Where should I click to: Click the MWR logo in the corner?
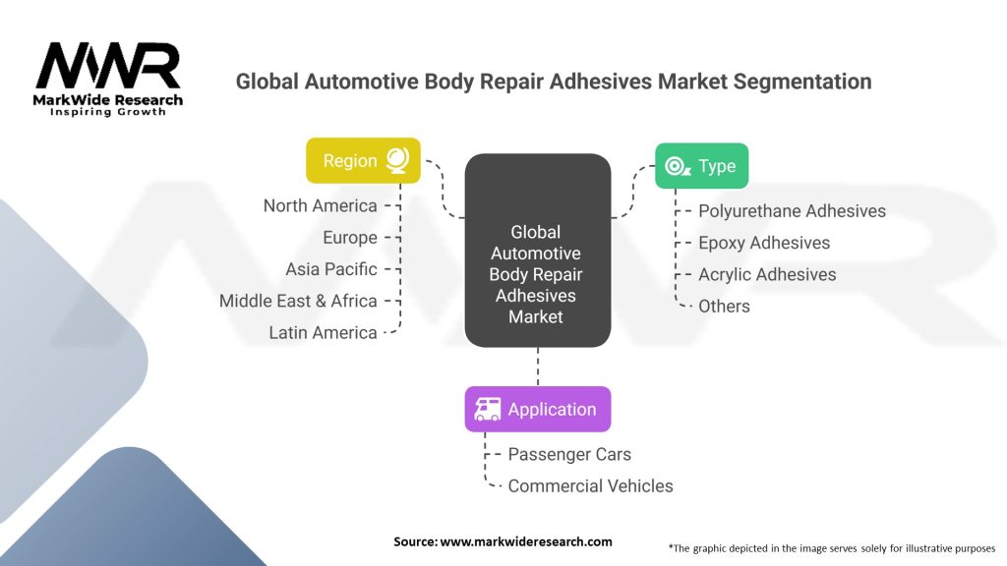pyautogui.click(x=108, y=79)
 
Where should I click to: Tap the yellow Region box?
pyautogui.click(x=363, y=160)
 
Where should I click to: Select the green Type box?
pyautogui.click(x=701, y=165)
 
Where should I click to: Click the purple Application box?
pyautogui.click(x=538, y=410)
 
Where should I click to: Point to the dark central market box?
pyautogui.click(x=538, y=251)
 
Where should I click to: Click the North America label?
pyautogui.click(x=320, y=206)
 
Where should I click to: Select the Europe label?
pyautogui.click(x=350, y=238)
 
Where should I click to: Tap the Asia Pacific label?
pyautogui.click(x=331, y=269)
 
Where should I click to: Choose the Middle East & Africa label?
pyautogui.click(x=298, y=301)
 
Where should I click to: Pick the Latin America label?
pyautogui.click(x=323, y=332)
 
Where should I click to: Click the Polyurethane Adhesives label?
pyautogui.click(x=792, y=211)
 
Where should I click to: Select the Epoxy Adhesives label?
pyautogui.click(x=764, y=244)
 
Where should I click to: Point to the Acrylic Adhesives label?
pyautogui.click(x=767, y=275)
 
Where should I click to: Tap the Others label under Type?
pyautogui.click(x=724, y=307)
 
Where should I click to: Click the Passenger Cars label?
pyautogui.click(x=569, y=454)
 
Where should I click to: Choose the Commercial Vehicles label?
pyautogui.click(x=590, y=485)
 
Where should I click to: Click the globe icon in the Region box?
pyautogui.click(x=397, y=160)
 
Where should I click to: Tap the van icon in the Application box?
pyautogui.click(x=488, y=409)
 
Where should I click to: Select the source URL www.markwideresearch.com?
pyautogui.click(x=526, y=541)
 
